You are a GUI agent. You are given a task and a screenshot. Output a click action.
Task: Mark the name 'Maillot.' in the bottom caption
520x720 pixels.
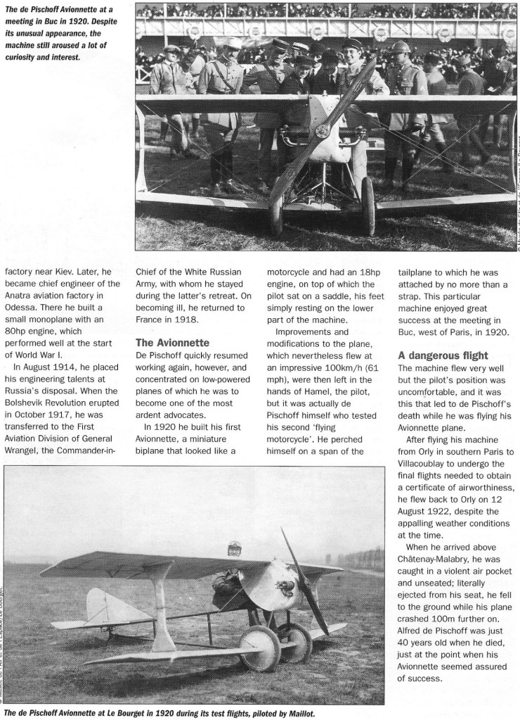tap(297, 712)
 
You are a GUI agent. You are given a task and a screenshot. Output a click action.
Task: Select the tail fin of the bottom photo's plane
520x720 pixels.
tap(102, 605)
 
